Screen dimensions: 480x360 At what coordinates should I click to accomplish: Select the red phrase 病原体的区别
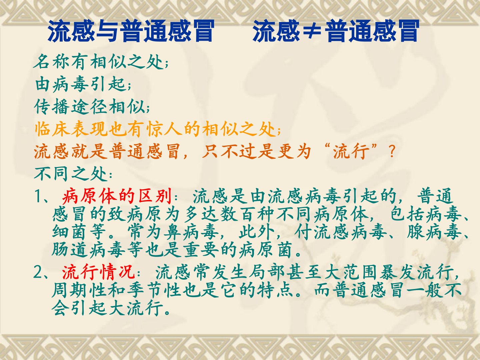tap(117, 196)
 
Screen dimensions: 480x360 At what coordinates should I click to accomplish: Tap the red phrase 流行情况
tap(98, 272)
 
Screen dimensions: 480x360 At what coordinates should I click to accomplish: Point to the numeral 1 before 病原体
tap(38, 196)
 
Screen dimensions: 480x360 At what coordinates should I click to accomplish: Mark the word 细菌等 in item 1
tap(79, 232)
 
